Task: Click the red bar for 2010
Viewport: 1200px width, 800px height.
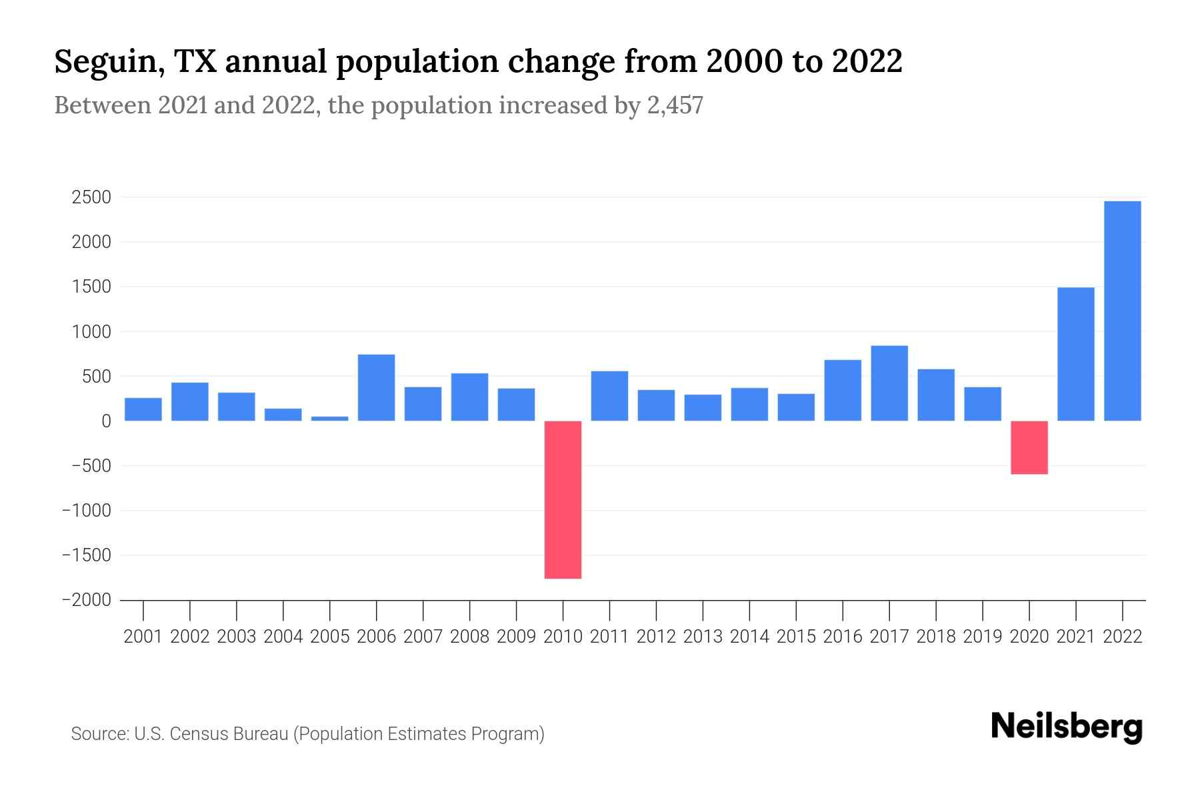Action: click(563, 499)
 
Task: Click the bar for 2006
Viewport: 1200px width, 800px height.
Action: click(376, 387)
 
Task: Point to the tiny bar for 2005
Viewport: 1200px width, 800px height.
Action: click(329, 418)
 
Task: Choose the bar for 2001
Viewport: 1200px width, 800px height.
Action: click(143, 409)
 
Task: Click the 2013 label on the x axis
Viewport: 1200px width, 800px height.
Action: click(703, 637)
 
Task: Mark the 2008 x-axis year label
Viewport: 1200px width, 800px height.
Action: click(469, 637)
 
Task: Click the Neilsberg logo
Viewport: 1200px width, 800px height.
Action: click(1066, 727)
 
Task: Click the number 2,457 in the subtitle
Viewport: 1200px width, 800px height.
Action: click(675, 106)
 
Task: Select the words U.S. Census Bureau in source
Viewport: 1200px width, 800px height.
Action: click(211, 734)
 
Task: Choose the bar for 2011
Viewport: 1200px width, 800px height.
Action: click(609, 396)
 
